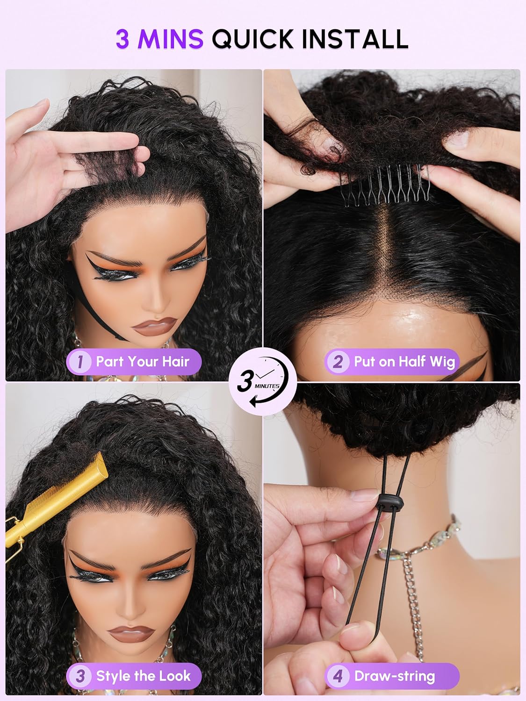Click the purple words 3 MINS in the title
159,39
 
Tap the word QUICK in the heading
252,39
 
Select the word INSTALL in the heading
355,39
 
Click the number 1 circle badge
80,362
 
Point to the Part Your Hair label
143,362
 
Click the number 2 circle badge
338,362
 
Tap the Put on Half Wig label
404,362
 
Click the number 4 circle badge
338,676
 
